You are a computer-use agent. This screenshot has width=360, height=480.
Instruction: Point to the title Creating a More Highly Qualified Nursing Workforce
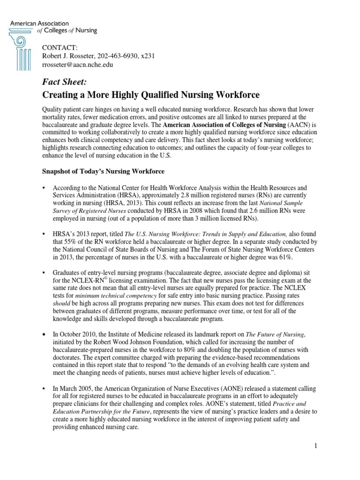pyautogui.click(x=150, y=95)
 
